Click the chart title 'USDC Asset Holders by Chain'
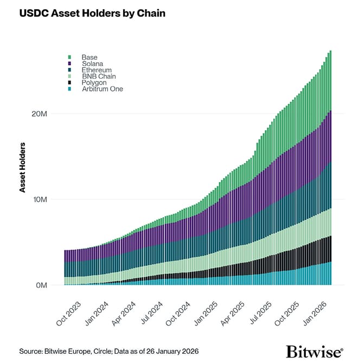pyautogui.click(x=92, y=13)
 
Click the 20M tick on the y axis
pyautogui.click(x=40, y=114)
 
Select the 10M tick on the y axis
pyautogui.click(x=40, y=200)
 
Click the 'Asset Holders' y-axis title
pyautogui.click(x=23, y=168)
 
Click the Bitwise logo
pyautogui.click(x=314, y=350)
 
